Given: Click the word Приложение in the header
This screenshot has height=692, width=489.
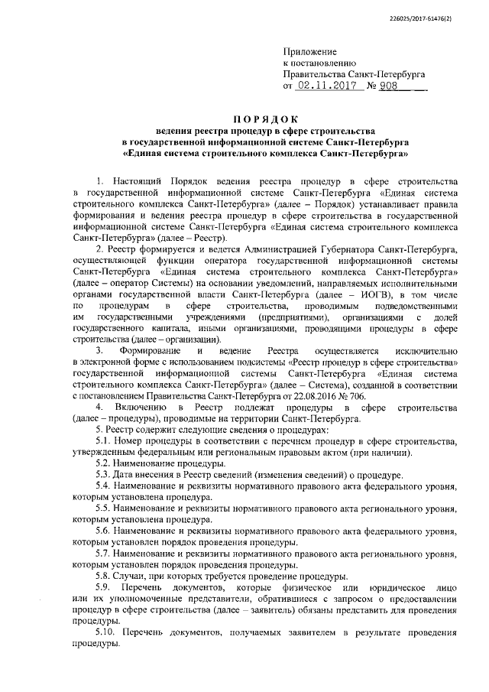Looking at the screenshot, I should click(x=308, y=49).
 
